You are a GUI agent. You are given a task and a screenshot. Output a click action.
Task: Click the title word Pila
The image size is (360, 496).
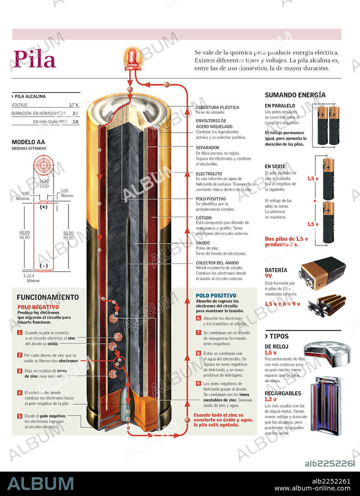[x=35, y=59]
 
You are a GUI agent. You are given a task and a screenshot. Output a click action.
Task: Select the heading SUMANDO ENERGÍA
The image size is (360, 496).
[x=295, y=95]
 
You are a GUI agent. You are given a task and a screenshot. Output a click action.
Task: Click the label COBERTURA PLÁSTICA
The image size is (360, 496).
[x=217, y=107]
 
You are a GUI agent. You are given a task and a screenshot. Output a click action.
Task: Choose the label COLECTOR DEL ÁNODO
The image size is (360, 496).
[x=217, y=263]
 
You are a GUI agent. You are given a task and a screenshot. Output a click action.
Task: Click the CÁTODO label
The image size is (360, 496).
[x=204, y=218]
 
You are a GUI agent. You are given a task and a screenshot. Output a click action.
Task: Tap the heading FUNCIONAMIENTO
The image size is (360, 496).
[x=48, y=298]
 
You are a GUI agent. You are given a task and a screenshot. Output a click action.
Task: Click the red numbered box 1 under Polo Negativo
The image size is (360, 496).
[x=20, y=333]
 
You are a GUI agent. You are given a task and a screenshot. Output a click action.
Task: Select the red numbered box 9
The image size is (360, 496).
[x=198, y=383]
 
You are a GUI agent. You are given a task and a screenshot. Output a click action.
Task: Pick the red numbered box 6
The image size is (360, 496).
[x=198, y=318]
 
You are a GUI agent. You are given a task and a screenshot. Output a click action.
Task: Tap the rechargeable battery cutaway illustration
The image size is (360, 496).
[x=325, y=406]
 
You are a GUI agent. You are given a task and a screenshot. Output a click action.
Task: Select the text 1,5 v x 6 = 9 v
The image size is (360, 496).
[x=282, y=304]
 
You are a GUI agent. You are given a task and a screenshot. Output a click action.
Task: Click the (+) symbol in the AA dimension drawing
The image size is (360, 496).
[x=44, y=207]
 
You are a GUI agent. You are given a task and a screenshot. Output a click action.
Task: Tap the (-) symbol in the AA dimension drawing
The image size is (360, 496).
[x=44, y=266]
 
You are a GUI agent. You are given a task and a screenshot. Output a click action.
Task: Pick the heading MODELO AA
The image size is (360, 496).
[x=28, y=142]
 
